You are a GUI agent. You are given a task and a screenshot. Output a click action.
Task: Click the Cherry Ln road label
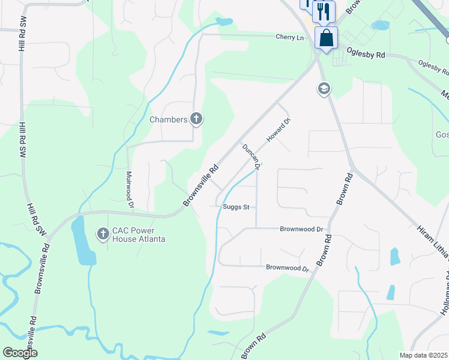coord(290,37)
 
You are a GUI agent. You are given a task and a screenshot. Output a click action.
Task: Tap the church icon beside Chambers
coord(196,119)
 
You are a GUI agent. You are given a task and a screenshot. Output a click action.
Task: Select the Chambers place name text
coord(168,119)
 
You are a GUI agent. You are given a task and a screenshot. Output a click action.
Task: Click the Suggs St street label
coord(235,208)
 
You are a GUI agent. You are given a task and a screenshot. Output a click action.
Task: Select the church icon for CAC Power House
coord(103,233)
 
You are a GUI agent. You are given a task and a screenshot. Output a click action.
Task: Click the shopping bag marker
coord(326,38)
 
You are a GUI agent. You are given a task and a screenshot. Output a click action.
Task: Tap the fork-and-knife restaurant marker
coord(324,10)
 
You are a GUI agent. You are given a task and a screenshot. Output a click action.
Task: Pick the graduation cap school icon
coord(324,89)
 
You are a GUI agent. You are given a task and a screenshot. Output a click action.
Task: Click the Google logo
coord(20,353)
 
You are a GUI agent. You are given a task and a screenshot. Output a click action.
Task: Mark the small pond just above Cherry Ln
coord(224,22)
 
